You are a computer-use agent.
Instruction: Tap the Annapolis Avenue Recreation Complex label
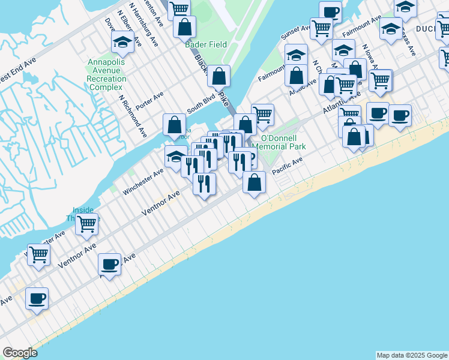click(x=106, y=74)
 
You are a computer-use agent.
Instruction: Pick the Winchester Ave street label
click(x=143, y=181)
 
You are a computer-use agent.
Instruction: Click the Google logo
click(x=20, y=353)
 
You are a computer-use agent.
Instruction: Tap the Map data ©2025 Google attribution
click(x=412, y=355)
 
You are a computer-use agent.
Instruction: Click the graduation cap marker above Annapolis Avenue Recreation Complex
click(x=122, y=41)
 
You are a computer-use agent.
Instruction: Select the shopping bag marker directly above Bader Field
click(x=185, y=26)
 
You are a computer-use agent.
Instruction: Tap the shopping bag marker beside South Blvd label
click(x=219, y=76)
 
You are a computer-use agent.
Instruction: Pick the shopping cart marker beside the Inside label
click(x=88, y=224)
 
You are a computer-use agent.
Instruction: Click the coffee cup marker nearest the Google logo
click(x=37, y=298)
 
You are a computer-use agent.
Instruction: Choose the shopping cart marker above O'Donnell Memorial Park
click(x=262, y=114)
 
